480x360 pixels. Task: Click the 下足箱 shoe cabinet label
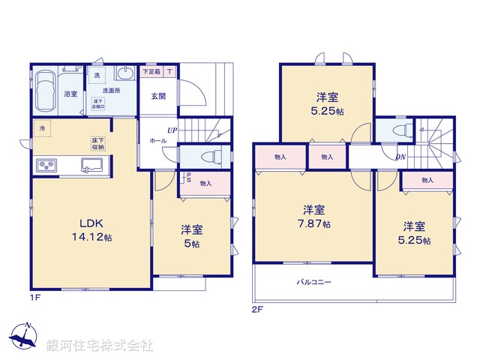(151, 72)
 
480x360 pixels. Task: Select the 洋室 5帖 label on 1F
(193, 237)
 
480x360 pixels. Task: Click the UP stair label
(172, 130)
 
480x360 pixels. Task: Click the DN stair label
(401, 157)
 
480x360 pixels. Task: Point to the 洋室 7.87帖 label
(313, 217)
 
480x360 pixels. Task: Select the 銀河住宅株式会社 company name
(100, 346)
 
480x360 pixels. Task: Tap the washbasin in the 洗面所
(127, 73)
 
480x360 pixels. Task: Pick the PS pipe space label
(188, 178)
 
